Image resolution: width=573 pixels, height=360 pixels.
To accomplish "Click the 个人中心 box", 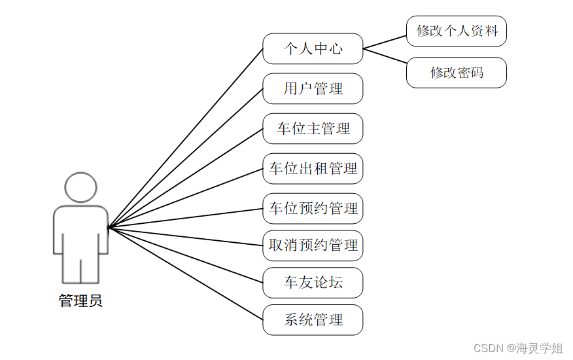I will (x=313, y=48).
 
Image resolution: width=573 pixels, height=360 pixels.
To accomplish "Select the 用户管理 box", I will (x=313, y=88).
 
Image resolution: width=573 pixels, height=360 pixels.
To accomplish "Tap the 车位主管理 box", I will (x=313, y=128).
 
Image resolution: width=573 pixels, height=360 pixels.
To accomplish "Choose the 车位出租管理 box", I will (x=313, y=168).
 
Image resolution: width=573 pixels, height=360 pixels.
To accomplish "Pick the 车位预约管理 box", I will (x=313, y=209).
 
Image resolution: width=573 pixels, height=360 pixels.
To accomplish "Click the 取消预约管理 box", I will (x=313, y=245).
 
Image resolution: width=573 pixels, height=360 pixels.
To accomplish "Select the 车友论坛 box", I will (x=313, y=283).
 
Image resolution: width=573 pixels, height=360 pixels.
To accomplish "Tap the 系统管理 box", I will (x=313, y=320).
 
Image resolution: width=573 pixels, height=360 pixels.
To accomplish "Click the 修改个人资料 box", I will (x=457, y=31).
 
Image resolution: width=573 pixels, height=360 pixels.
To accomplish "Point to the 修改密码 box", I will (x=457, y=73).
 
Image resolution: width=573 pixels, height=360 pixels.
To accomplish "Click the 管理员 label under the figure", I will (x=80, y=301).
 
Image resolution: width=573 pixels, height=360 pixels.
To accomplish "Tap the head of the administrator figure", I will (x=80, y=187).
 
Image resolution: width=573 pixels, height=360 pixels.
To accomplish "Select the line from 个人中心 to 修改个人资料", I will (x=385, y=42).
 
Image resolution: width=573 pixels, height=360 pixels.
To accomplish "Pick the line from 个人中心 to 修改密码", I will (x=385, y=56).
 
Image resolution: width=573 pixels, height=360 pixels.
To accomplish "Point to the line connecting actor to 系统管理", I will (x=186, y=274).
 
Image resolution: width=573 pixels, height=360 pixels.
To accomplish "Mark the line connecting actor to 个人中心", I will (x=186, y=138).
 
